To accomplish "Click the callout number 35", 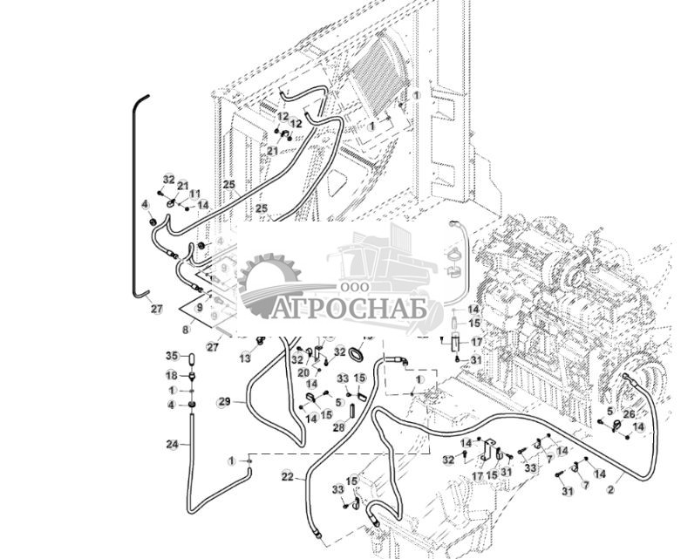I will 172,356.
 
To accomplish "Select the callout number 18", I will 172,375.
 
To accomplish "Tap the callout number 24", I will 172,445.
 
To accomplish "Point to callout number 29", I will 224,402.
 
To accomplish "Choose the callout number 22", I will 287,475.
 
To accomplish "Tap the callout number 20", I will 303,372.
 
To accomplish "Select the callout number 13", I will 246,358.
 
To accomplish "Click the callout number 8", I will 185,331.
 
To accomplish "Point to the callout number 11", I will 194,194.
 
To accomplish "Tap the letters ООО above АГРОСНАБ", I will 352,287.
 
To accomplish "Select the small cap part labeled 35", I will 193,356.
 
